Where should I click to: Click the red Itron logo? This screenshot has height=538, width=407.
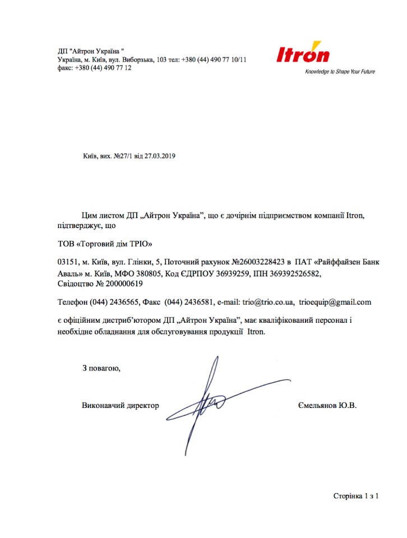[x=303, y=54]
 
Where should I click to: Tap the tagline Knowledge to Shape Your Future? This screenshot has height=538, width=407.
[x=340, y=72]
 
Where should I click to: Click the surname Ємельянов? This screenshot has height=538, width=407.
[x=317, y=405]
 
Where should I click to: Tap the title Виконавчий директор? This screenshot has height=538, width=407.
[x=121, y=405]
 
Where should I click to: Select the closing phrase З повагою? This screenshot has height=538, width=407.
[x=101, y=368]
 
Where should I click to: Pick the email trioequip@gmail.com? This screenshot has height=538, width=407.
[x=335, y=303]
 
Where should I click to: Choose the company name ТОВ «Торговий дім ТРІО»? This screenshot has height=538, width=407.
[x=105, y=244]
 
